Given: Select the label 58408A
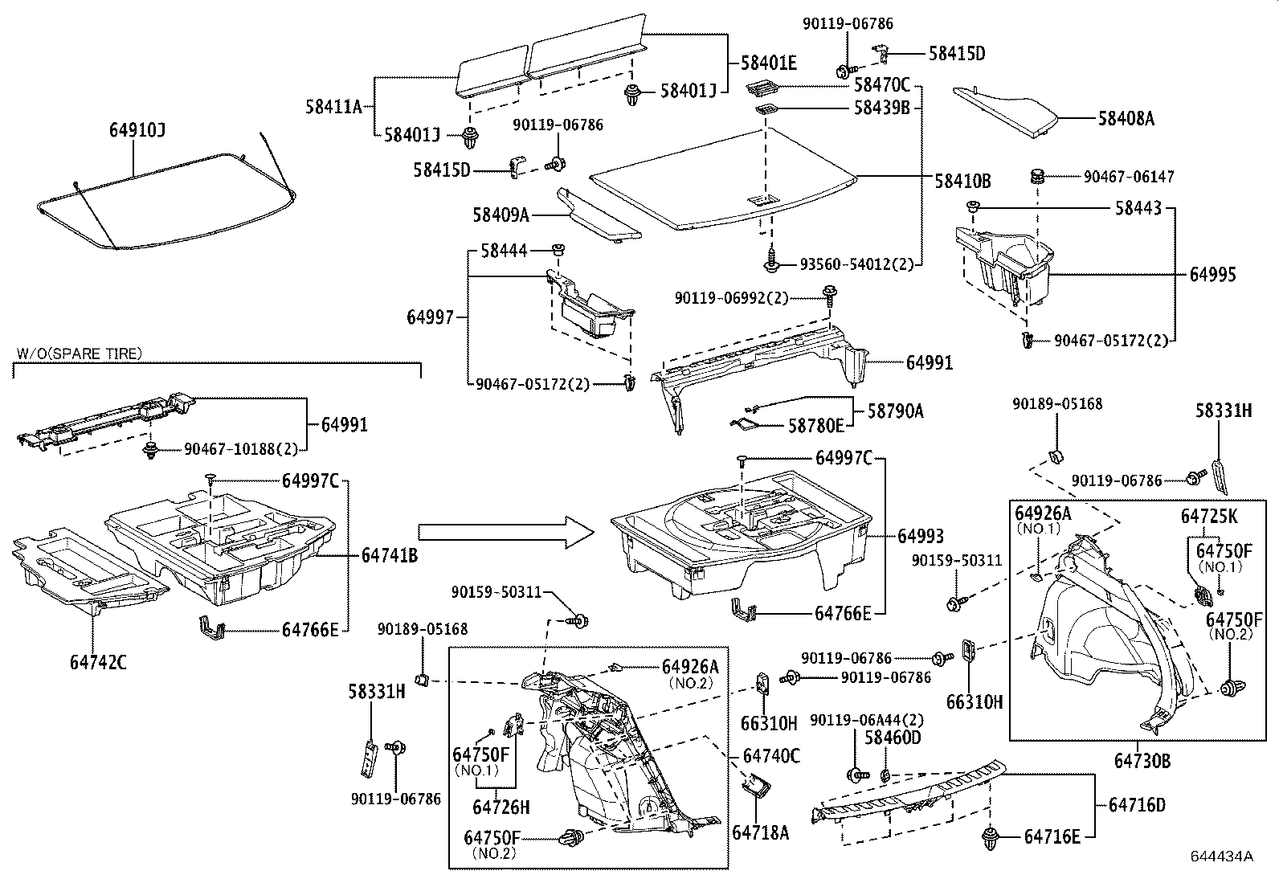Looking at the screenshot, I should tap(1126, 119).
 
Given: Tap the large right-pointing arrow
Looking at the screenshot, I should tap(505, 533).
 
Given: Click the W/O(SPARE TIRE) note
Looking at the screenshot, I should tap(78, 353).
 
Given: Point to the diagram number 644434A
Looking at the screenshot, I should tap(1223, 856).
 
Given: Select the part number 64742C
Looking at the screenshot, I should tap(97, 663).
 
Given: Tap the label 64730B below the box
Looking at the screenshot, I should tap(1142, 759).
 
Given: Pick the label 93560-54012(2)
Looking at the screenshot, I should tap(856, 264).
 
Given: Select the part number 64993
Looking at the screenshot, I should tap(920, 536).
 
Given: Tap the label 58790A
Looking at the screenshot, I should tap(895, 411).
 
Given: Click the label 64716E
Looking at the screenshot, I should tap(1052, 837).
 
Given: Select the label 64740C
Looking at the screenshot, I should tap(771, 756).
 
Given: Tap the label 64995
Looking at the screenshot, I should tap(1212, 275).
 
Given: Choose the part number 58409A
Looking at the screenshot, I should tap(501, 215).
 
